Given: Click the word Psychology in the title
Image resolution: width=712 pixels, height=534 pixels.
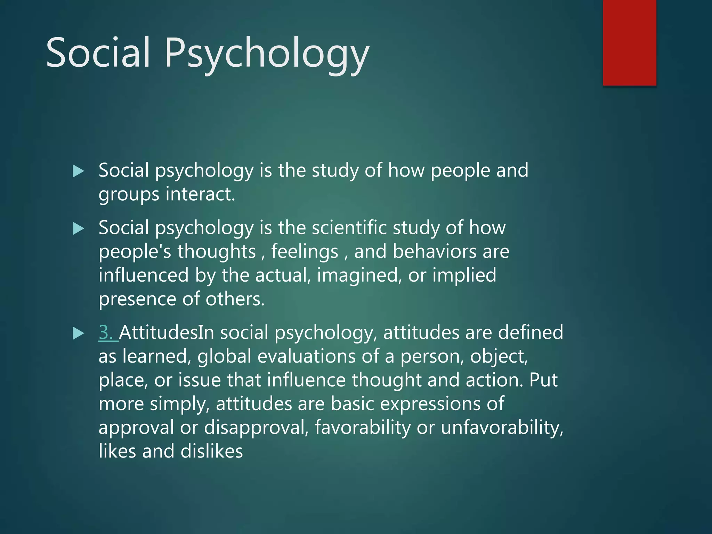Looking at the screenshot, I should [267, 53].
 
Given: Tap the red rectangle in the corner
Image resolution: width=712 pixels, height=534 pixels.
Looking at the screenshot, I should [629, 42].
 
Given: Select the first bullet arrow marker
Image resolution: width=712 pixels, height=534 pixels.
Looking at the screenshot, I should [78, 171].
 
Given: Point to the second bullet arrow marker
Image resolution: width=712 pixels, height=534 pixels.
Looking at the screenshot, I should [78, 229].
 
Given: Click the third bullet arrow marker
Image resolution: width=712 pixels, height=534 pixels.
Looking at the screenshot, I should [78, 333].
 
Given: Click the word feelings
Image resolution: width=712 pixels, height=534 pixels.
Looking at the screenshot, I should [305, 251].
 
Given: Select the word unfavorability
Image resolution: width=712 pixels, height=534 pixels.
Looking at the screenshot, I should [502, 427].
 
